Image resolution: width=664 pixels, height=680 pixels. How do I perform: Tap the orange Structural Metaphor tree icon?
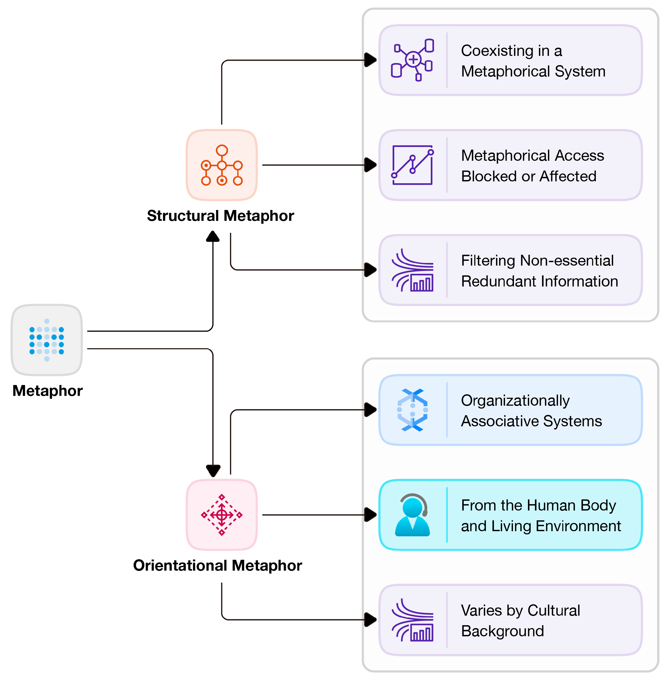222,165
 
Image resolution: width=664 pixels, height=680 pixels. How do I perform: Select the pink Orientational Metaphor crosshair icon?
222,515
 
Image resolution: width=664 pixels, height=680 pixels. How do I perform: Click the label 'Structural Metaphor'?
220,216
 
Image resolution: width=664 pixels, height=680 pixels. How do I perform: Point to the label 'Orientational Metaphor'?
218,565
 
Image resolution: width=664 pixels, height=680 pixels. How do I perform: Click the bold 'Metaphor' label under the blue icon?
47,391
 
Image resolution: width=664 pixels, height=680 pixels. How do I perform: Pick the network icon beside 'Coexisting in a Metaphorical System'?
413,60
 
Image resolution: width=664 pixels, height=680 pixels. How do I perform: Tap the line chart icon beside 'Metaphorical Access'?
413,165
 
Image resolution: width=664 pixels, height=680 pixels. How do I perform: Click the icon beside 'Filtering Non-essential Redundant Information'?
413,270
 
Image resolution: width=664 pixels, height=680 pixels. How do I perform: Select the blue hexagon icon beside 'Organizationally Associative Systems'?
413,410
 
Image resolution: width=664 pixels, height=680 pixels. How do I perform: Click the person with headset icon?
413,515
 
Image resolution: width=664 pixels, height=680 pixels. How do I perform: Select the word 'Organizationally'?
515,400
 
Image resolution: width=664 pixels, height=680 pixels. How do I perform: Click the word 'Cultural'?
554,610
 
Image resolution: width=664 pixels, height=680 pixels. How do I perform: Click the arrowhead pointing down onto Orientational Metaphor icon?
213,471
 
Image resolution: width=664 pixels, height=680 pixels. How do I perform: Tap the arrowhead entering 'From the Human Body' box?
370,515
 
